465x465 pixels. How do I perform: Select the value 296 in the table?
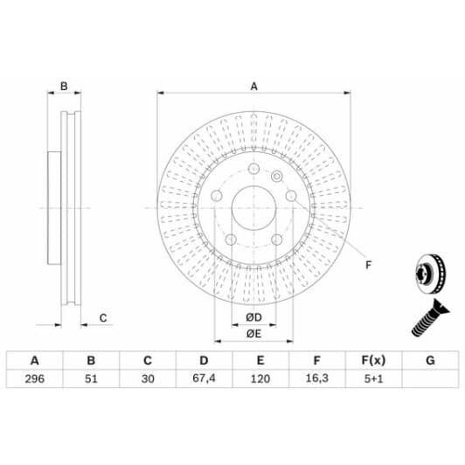(35, 380)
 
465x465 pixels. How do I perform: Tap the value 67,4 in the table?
(204, 380)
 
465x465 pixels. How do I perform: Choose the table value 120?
(260, 380)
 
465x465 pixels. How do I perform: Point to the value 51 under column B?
(91, 380)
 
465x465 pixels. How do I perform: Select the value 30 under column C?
(147, 380)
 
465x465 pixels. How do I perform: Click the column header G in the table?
(429, 360)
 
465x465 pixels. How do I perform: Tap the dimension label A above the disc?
(254, 86)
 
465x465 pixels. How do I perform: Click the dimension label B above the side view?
(64, 86)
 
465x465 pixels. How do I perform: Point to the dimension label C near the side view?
(102, 317)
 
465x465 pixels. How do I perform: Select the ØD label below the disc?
(253, 316)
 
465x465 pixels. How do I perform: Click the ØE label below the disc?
(253, 334)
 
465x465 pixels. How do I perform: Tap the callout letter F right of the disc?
(367, 265)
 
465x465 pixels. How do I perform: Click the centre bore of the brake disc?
(254, 207)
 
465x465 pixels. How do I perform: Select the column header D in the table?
(204, 360)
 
